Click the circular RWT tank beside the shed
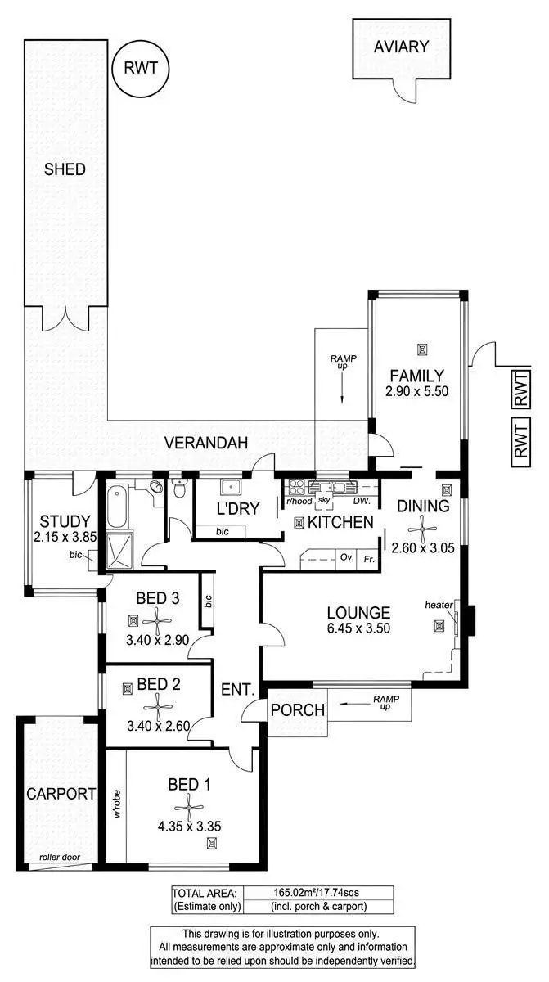[141, 69]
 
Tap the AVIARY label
[401, 47]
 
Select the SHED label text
[65, 169]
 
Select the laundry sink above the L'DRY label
[230, 488]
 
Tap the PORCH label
[297, 710]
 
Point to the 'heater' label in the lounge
[439, 605]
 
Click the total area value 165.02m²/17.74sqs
[318, 893]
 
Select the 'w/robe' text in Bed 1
[117, 804]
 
